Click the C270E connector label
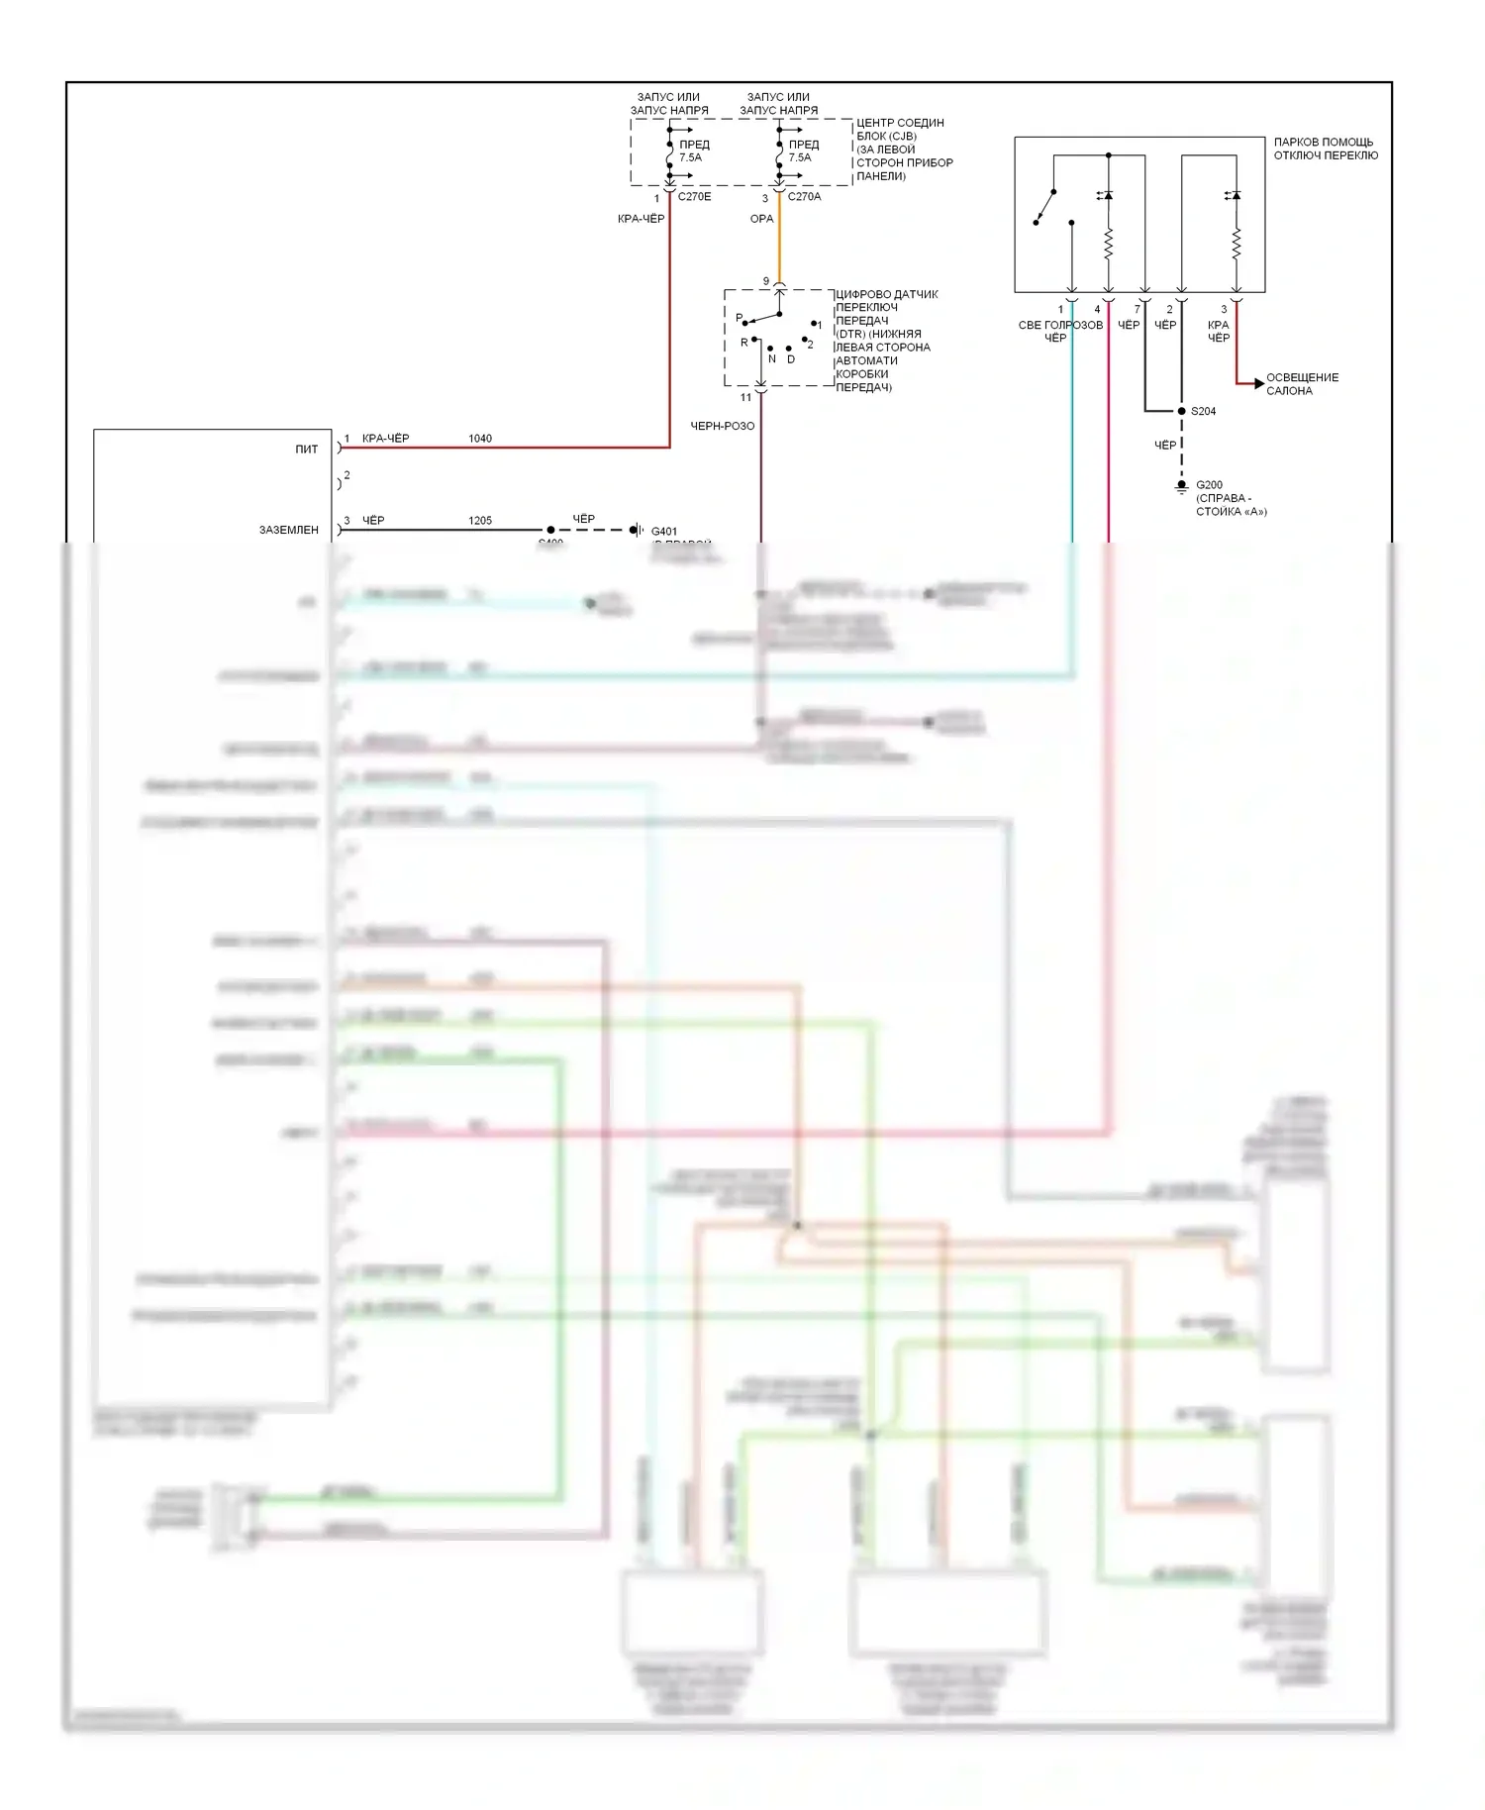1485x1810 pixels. coord(694,197)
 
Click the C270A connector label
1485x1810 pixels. coord(804,197)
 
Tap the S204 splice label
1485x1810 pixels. coord(1203,411)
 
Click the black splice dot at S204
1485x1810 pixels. coord(1181,411)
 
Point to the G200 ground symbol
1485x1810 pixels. coord(1181,487)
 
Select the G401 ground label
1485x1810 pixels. coord(664,532)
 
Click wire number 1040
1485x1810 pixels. coord(480,439)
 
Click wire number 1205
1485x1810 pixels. coord(480,521)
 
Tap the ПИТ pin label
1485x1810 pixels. coord(307,450)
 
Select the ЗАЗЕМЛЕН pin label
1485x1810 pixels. coord(289,531)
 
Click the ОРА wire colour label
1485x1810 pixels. coord(761,219)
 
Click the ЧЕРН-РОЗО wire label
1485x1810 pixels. coord(722,426)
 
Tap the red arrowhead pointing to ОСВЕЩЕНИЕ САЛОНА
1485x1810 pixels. coord(1258,383)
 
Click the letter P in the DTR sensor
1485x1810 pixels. coord(739,318)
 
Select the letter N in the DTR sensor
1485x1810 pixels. coord(772,359)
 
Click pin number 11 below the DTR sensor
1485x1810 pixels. coord(745,398)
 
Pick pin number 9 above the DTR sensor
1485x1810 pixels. coord(765,282)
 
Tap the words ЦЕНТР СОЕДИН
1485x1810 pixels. coord(900,123)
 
